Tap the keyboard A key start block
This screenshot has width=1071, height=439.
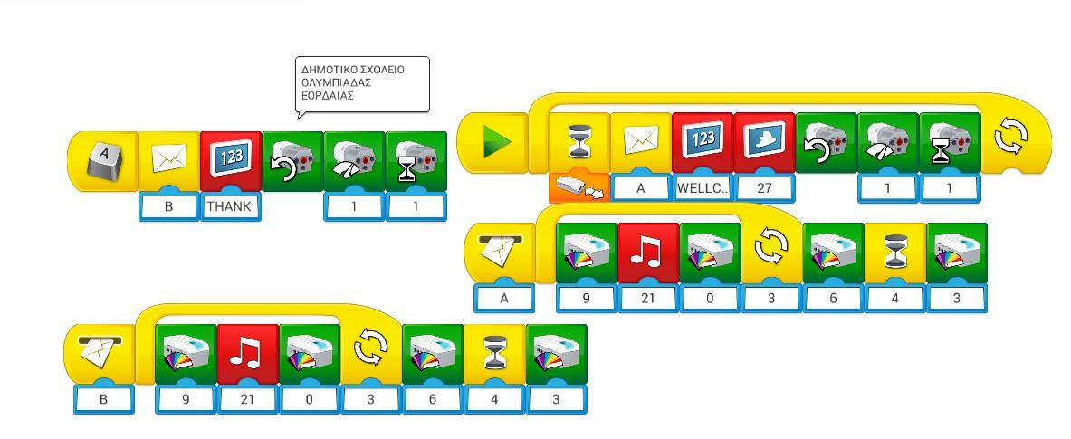104,161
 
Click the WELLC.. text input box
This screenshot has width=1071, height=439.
702,188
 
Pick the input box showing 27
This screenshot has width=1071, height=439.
764,188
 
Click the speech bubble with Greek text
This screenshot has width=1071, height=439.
362,84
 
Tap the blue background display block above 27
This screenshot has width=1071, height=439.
764,141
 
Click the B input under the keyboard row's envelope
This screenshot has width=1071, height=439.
168,206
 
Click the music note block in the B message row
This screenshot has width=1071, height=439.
247,353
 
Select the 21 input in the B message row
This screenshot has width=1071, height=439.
247,398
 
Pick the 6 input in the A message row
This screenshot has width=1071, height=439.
834,298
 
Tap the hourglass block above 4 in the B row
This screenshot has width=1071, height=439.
494,353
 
